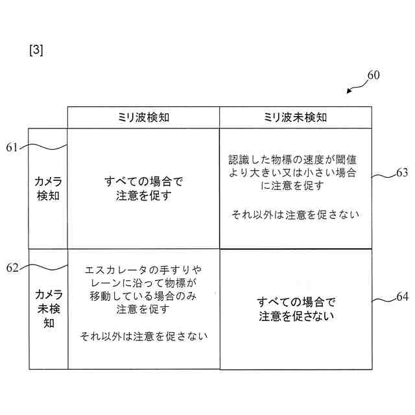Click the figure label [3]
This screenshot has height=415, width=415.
click(36, 50)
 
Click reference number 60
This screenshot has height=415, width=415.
click(373, 75)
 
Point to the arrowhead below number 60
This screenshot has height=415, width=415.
click(350, 91)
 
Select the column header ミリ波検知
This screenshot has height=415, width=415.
click(143, 117)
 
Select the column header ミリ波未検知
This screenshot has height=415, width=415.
click(295, 117)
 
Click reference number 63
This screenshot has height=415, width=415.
click(402, 173)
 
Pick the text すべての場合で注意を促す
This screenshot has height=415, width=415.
click(143, 188)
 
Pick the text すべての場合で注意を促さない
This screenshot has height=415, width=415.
click(296, 309)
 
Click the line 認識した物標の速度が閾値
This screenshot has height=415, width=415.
click(295, 159)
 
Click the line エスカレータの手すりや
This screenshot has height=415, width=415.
click(143, 269)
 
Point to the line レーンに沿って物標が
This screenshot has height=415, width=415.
click(143, 283)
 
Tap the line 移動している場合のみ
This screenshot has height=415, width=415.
click(143, 296)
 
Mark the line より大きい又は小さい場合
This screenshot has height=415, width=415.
click(295, 172)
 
